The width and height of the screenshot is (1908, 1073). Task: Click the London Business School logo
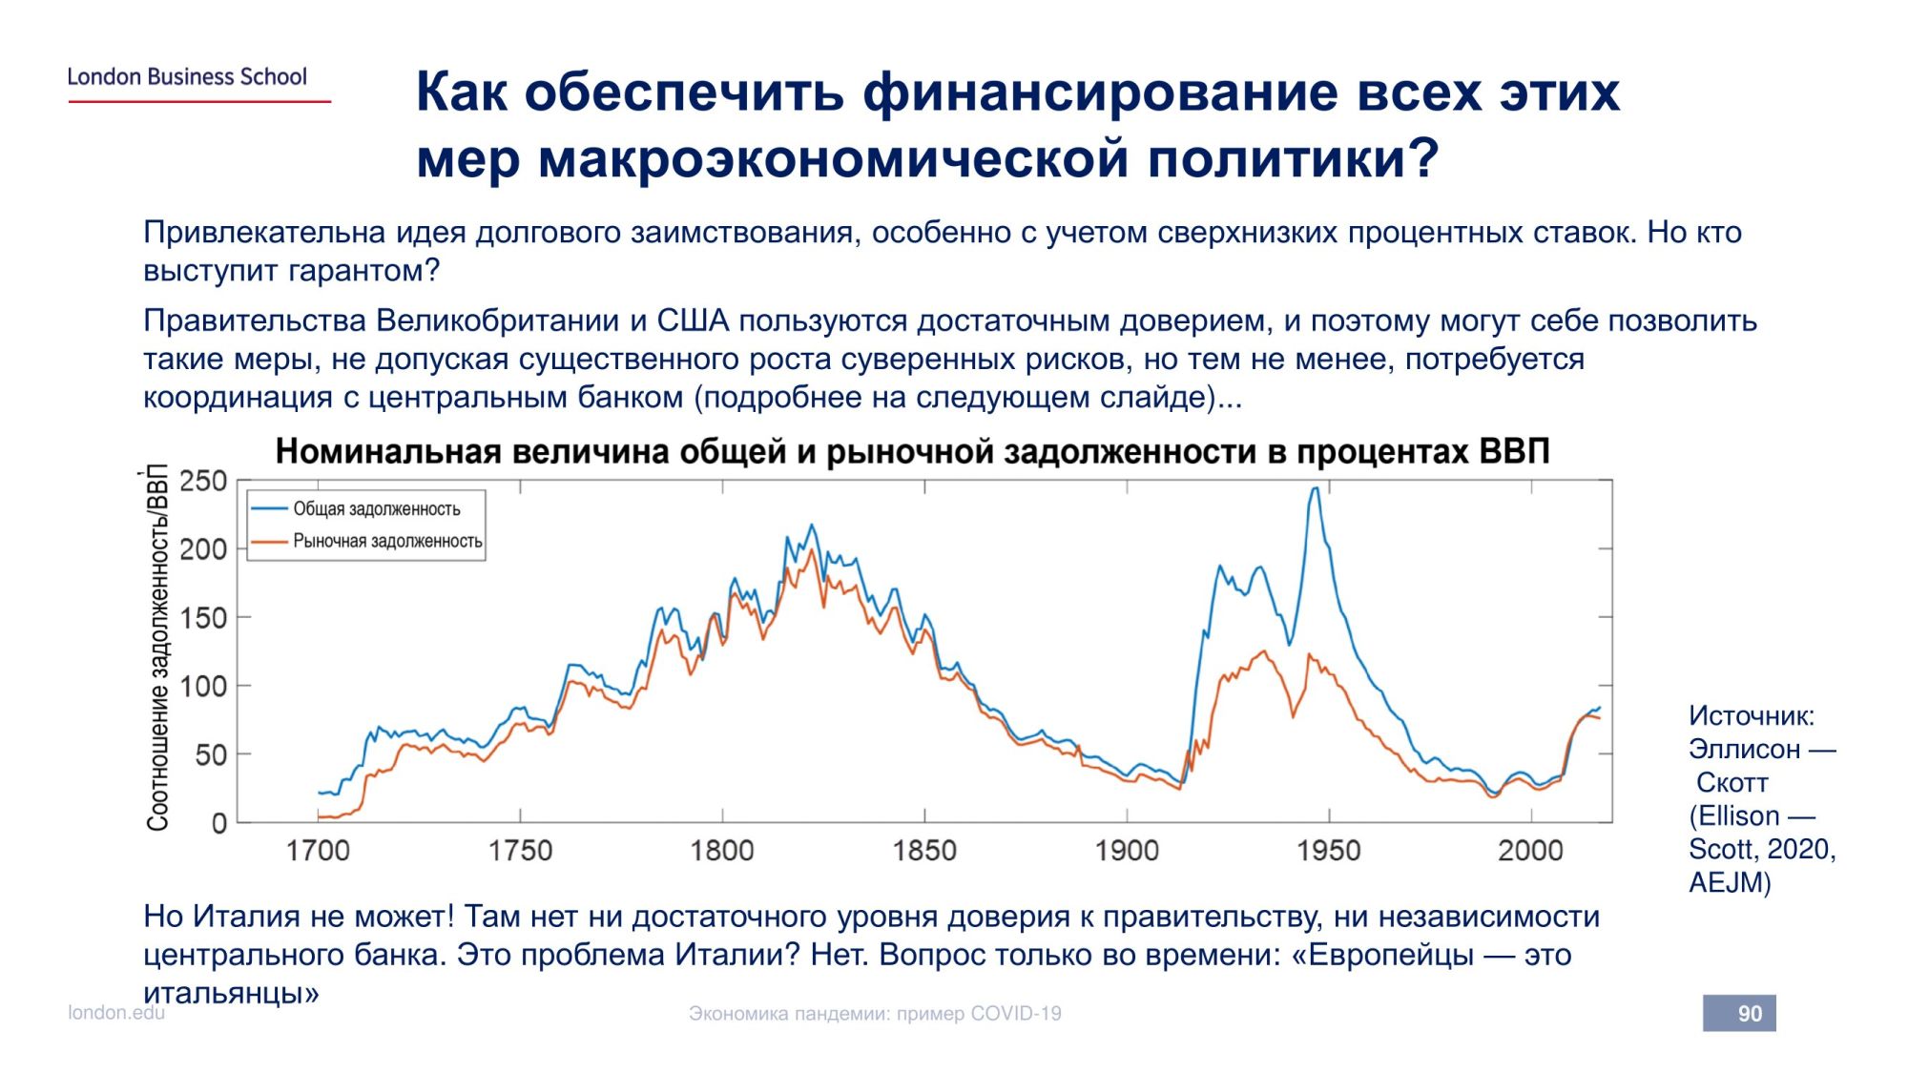point(187,77)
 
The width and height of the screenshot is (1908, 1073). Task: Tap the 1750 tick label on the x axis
point(520,851)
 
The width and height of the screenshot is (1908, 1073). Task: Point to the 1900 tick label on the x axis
point(1127,851)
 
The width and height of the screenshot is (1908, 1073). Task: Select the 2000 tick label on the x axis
point(1530,851)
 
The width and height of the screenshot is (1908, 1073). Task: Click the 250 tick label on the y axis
point(203,482)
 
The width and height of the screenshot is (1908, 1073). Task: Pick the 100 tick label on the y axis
point(203,686)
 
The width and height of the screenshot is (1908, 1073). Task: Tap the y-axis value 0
point(219,823)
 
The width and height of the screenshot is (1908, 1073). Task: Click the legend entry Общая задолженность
point(376,509)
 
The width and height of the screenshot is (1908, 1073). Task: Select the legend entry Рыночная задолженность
point(387,542)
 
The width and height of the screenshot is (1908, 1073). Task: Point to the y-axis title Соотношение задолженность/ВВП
point(157,649)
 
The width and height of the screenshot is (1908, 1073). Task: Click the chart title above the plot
point(912,451)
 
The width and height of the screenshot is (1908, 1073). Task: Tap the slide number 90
point(1749,1014)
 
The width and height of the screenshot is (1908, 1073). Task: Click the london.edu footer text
point(116,1013)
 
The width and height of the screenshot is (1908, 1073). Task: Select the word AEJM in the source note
point(1729,883)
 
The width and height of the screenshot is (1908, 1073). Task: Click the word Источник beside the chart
point(1751,716)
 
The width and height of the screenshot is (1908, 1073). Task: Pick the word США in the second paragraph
point(693,321)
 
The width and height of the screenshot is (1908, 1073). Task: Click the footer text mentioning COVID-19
point(875,1014)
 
